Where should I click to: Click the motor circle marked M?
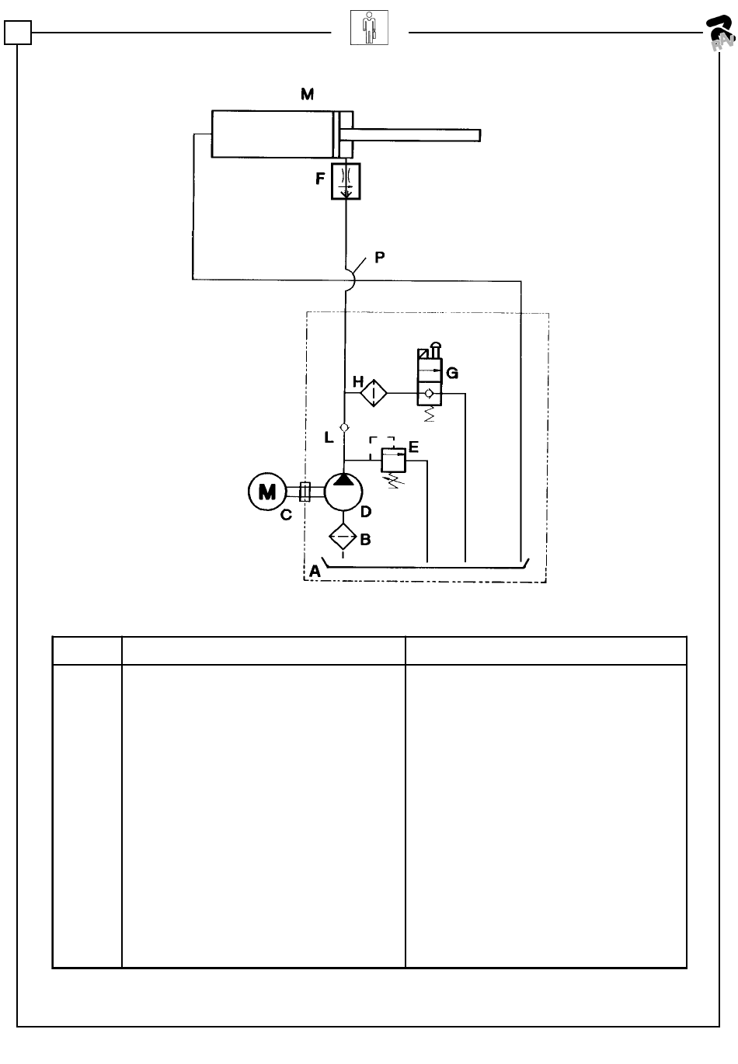(x=267, y=492)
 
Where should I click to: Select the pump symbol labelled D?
(x=343, y=492)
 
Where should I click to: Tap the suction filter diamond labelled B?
(x=343, y=537)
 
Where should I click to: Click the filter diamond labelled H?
(x=374, y=393)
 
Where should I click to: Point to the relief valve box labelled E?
(x=394, y=460)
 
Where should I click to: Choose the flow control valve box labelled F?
(x=346, y=181)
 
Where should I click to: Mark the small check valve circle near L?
(x=344, y=427)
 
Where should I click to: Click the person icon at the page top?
(x=369, y=27)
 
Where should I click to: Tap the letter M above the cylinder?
(x=307, y=94)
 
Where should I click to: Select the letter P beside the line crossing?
(x=380, y=257)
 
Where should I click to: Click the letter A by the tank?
(x=315, y=571)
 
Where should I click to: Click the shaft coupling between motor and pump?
(x=305, y=492)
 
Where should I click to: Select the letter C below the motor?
(x=286, y=514)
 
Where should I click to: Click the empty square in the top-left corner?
(x=18, y=33)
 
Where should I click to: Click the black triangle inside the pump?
(x=343, y=480)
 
